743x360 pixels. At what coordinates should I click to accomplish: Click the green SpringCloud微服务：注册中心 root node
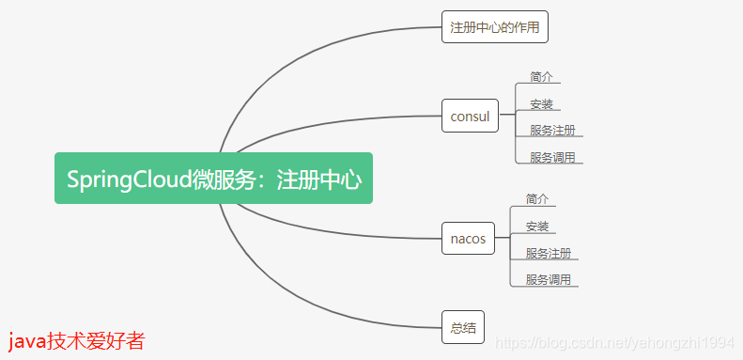point(213,179)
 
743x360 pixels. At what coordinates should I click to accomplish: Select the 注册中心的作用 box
point(494,27)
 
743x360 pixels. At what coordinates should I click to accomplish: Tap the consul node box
point(470,117)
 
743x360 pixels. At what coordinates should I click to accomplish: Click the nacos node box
point(468,239)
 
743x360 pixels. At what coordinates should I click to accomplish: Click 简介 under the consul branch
point(541,76)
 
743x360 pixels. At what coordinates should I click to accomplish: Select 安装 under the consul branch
point(541,103)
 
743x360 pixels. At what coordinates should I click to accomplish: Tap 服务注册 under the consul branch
point(552,130)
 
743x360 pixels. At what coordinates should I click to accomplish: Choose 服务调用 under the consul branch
point(552,157)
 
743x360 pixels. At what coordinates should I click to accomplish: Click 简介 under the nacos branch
point(537,198)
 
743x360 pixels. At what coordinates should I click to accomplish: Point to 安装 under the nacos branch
point(537,226)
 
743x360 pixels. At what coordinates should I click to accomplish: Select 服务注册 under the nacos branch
point(549,253)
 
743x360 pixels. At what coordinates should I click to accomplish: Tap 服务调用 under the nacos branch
point(549,279)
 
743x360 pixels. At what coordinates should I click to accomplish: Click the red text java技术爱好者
point(76,341)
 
